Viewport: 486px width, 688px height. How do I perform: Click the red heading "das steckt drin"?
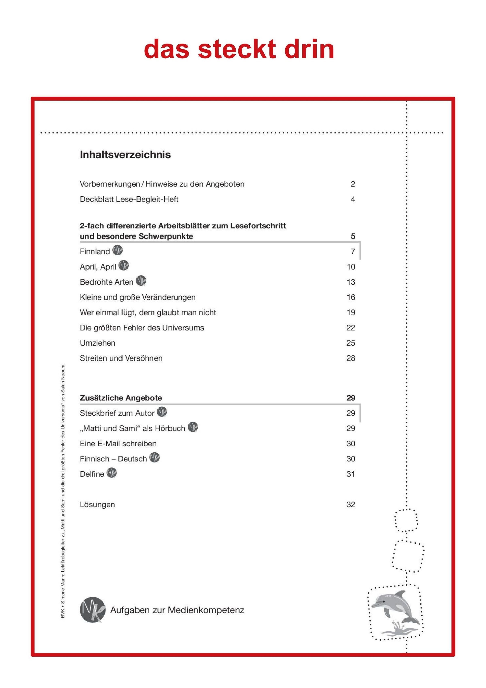tap(239, 49)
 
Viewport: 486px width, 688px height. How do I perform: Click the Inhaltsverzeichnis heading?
tap(125, 155)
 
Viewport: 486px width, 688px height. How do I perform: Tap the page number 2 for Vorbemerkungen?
tap(353, 184)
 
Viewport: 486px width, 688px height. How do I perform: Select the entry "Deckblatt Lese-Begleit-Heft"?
tap(129, 199)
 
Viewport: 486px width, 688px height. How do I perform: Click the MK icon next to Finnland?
tap(117, 250)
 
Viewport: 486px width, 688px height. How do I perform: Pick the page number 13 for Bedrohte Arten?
tap(351, 282)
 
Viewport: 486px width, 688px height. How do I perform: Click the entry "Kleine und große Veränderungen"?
tap(137, 297)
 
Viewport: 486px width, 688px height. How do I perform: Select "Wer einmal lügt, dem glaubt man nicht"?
tap(148, 312)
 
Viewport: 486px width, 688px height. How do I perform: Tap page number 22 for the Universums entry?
tap(351, 328)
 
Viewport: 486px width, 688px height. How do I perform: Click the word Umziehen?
tap(97, 343)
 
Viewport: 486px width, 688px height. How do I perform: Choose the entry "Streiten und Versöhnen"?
tap(121, 358)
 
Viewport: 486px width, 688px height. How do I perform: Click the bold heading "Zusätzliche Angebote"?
tap(121, 398)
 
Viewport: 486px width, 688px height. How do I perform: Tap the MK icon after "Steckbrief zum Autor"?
tap(162, 412)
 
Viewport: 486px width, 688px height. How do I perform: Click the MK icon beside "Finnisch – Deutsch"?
tap(155, 458)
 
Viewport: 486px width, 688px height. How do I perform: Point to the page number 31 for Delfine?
tap(351, 474)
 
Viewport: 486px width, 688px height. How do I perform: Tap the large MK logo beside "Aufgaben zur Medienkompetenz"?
tap(93, 610)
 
